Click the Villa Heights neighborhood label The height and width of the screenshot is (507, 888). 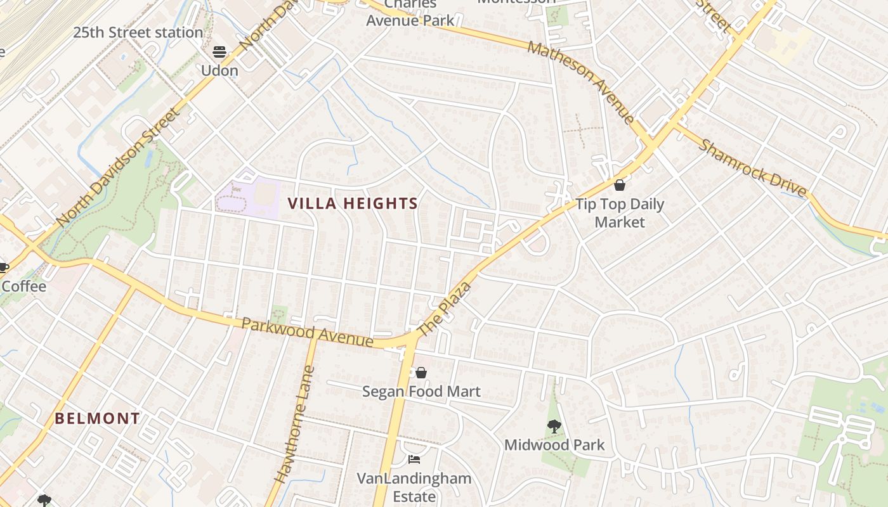(x=353, y=203)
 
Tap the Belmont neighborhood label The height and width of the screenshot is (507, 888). (x=97, y=418)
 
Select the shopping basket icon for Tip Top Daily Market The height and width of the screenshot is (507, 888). (x=620, y=185)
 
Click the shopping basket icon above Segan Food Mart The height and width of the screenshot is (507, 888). (x=421, y=372)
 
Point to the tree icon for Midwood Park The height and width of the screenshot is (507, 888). (x=554, y=426)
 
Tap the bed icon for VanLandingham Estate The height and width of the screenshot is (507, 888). (x=414, y=459)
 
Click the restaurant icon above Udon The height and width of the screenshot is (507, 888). (x=219, y=52)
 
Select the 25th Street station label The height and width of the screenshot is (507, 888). (x=138, y=32)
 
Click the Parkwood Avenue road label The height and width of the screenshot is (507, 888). (x=307, y=332)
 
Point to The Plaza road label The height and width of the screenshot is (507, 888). (x=446, y=310)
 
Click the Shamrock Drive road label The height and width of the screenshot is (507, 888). (x=752, y=168)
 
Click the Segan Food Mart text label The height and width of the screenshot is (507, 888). (x=421, y=392)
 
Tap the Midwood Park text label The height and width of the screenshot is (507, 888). (x=554, y=445)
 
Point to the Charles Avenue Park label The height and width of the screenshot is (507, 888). (x=410, y=13)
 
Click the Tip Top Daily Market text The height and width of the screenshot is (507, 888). (x=620, y=213)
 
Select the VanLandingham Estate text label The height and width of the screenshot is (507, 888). (x=414, y=487)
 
